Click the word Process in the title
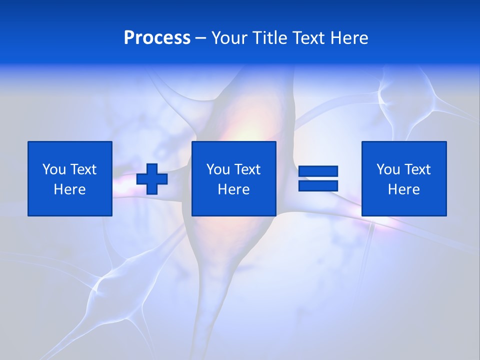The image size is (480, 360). [157, 38]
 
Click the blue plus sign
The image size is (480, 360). [152, 178]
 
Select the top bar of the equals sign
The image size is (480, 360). [318, 171]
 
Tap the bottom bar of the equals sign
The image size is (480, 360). [318, 185]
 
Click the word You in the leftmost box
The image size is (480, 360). [54, 169]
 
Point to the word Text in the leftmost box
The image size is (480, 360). [83, 169]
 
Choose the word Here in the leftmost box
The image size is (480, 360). [69, 189]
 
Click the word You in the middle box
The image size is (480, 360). [218, 169]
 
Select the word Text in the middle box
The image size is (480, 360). [247, 169]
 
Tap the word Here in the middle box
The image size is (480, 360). [233, 189]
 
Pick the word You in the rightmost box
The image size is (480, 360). [388, 169]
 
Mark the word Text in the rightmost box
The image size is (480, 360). [417, 169]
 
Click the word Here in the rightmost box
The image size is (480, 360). [403, 189]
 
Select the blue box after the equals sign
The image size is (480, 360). [403, 205]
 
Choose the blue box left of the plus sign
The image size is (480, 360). [69, 205]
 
